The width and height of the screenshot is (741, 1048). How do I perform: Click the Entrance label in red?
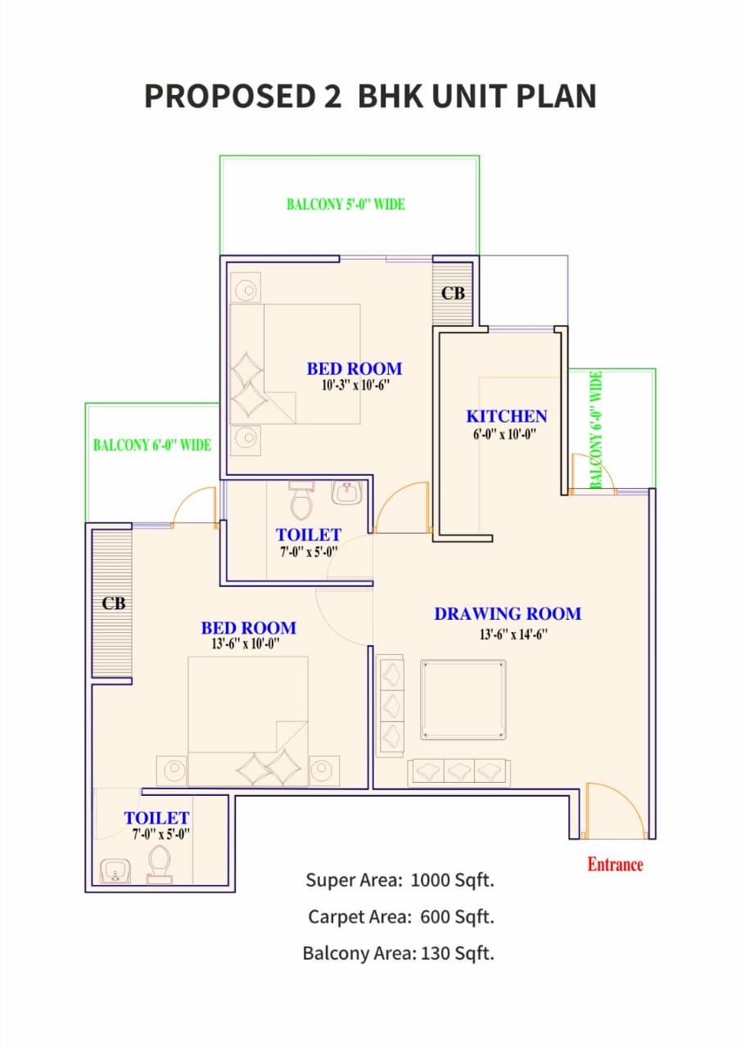[x=615, y=865]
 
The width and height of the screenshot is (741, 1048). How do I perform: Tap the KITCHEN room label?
[x=506, y=417]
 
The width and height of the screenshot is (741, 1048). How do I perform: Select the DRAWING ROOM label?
[x=508, y=613]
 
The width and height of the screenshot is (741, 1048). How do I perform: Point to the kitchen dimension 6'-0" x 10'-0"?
[x=504, y=436]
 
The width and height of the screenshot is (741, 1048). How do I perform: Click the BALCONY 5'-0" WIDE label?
[x=346, y=205]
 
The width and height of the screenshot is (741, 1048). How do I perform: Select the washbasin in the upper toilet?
[x=346, y=493]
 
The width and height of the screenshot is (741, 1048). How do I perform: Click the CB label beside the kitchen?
[x=453, y=293]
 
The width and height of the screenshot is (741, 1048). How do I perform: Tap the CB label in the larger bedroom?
[x=114, y=603]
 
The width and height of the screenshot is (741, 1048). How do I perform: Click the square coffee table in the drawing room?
[x=463, y=700]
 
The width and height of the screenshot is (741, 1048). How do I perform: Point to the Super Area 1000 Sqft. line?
[x=400, y=880]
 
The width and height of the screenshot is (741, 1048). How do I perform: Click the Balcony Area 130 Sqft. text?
[x=398, y=953]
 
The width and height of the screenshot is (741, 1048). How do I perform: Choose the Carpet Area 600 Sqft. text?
[x=400, y=916]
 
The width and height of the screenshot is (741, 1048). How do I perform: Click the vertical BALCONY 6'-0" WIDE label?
[x=597, y=430]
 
